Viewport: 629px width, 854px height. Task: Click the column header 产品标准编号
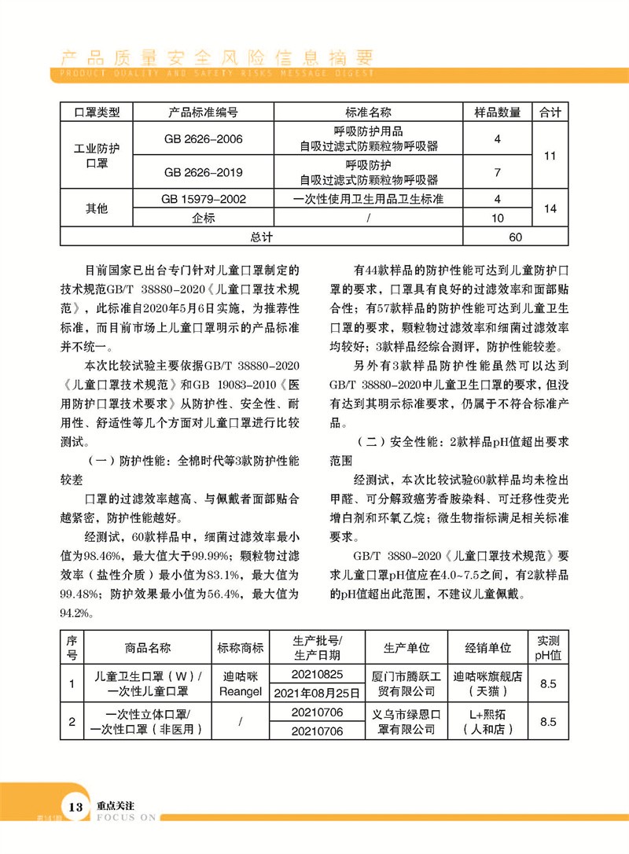204,113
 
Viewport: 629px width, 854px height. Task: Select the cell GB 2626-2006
204,139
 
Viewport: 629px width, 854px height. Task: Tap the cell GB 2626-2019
204,172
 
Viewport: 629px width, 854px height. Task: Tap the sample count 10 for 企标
497,218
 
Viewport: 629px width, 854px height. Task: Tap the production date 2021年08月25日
317,693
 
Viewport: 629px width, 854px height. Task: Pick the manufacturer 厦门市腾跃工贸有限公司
406,683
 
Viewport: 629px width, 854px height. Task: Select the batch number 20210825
317,675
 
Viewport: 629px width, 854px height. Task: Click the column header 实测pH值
548,648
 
